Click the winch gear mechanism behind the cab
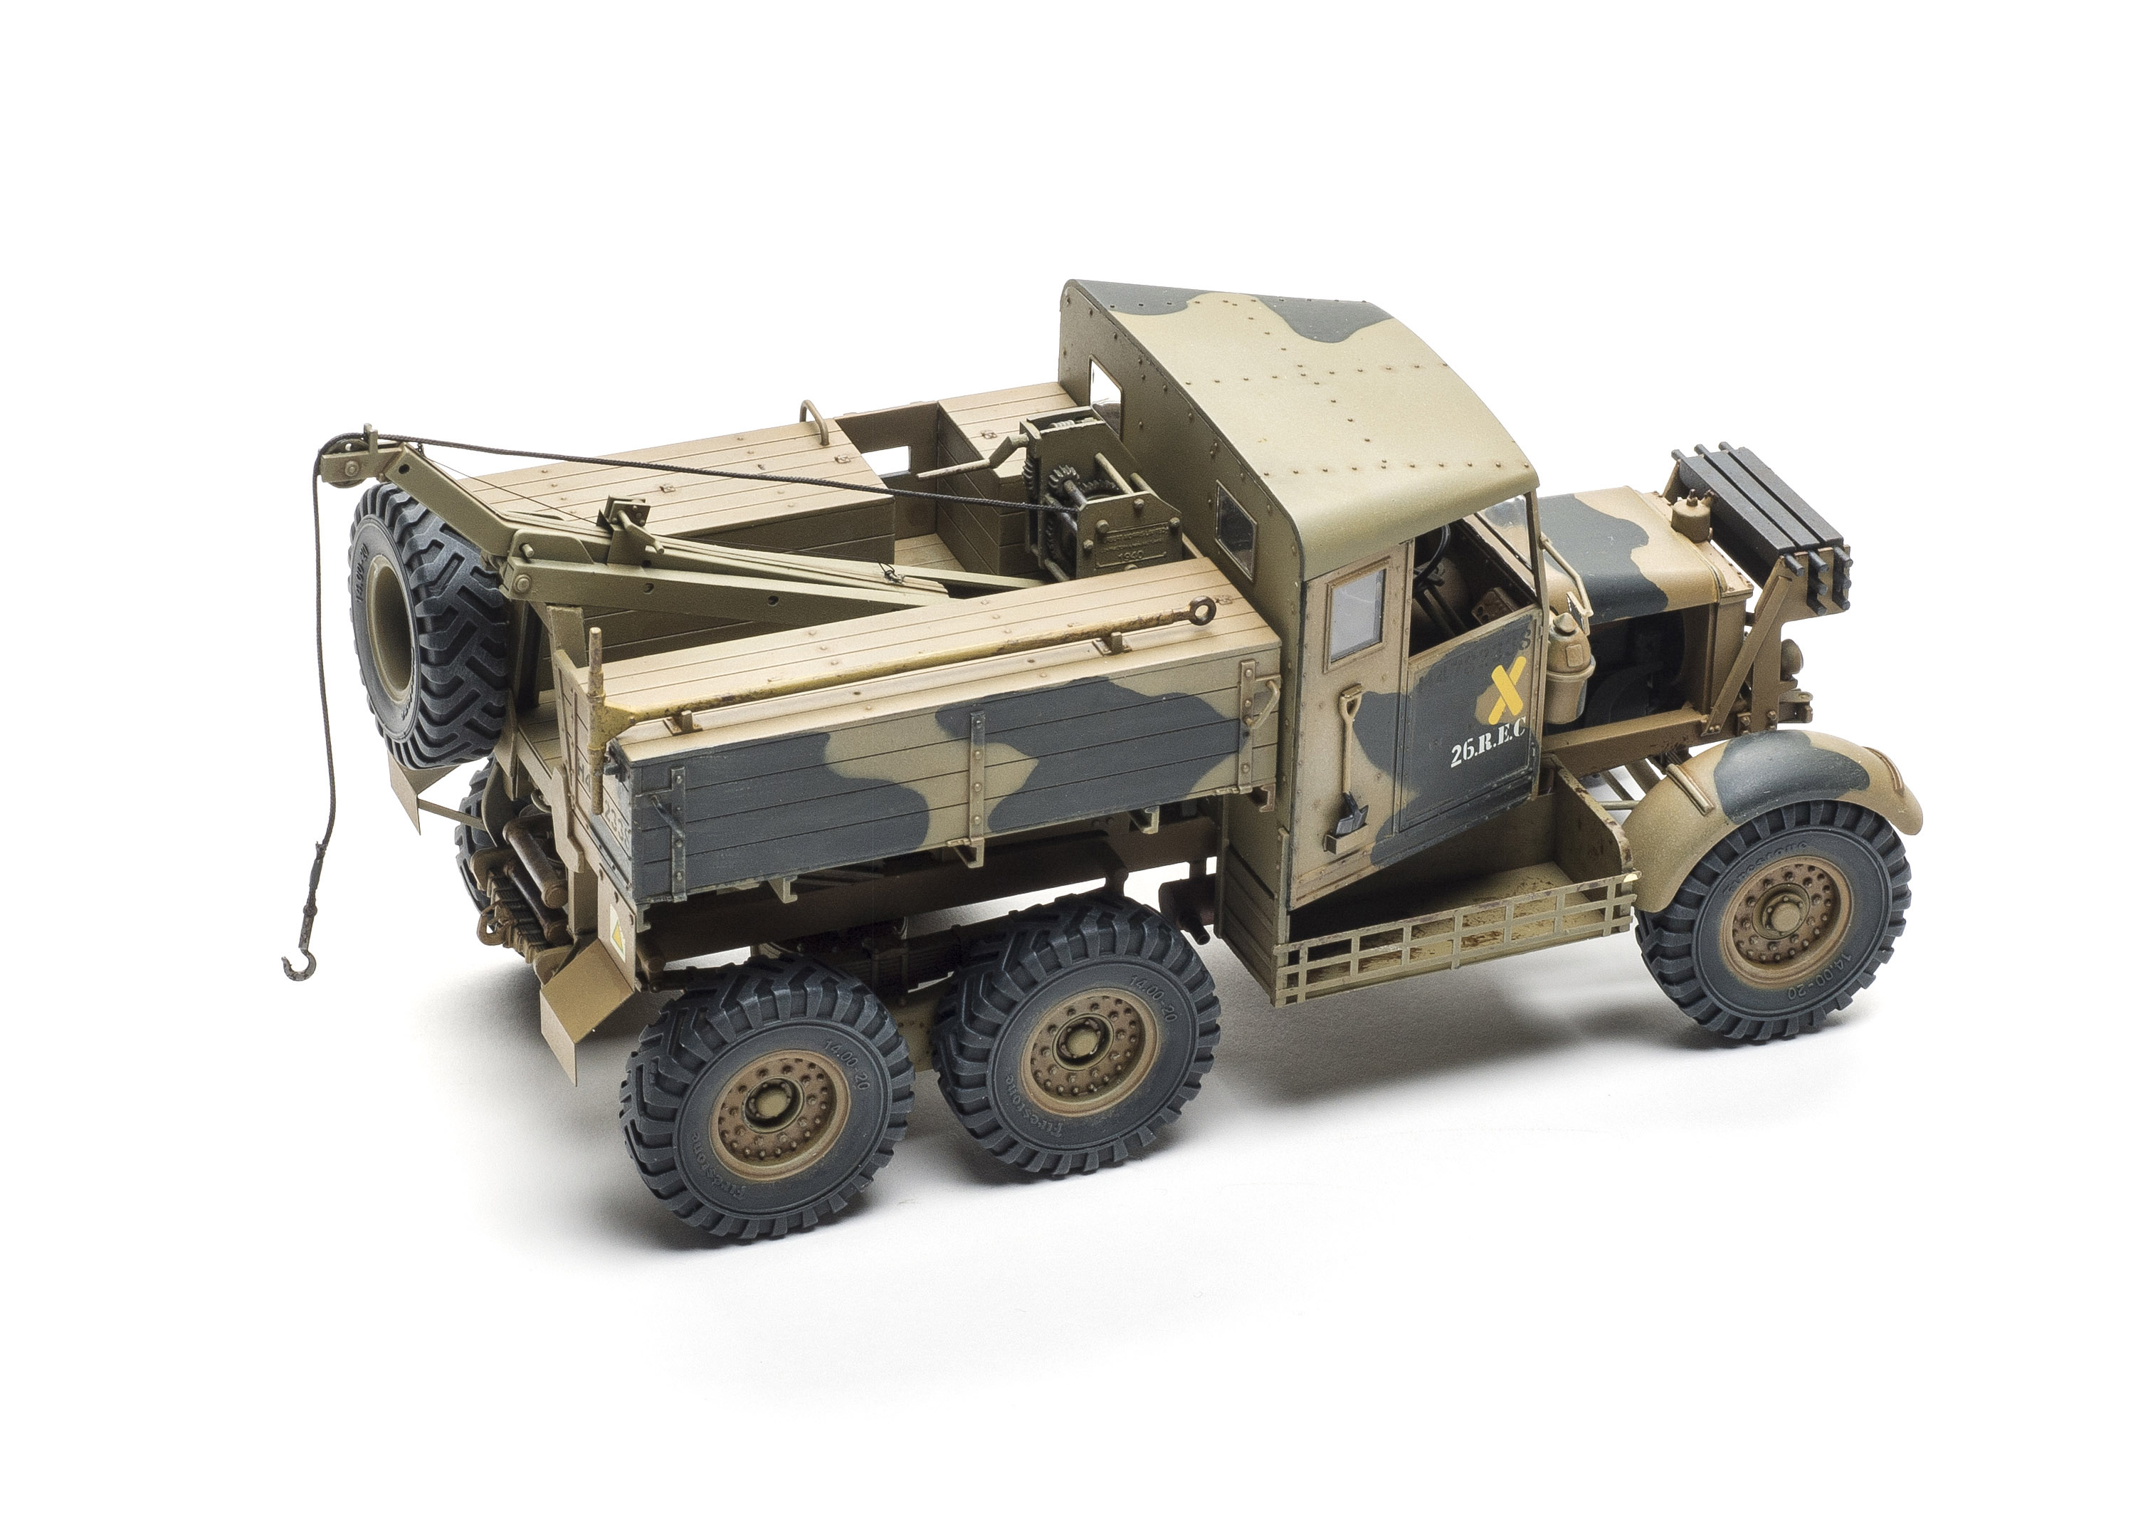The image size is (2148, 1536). [1059, 501]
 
